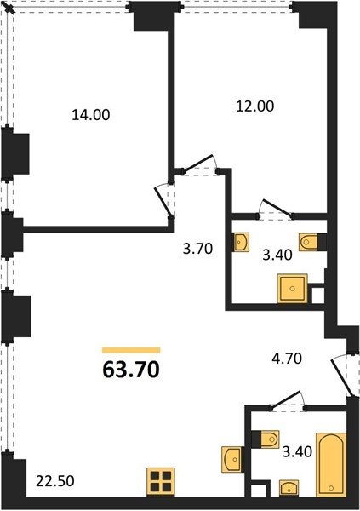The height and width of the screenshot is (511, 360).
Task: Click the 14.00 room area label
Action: coord(90,115)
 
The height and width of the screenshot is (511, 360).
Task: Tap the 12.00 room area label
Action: coord(254,106)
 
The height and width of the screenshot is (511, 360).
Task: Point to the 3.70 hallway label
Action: coord(197,249)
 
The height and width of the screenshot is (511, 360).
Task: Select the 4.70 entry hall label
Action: coord(287,359)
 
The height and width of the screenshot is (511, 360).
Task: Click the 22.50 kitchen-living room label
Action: coord(55,481)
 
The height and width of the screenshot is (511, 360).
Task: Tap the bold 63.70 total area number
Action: coord(131,370)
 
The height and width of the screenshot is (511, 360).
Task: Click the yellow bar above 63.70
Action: coord(131,350)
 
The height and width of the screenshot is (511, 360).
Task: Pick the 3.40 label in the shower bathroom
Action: coord(277,255)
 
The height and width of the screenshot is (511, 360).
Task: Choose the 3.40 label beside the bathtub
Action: coord(297,452)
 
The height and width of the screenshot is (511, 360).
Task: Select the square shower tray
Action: coord(292,288)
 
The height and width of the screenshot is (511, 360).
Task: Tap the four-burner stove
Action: coord(161,482)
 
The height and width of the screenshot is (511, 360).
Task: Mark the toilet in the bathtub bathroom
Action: coord(266,439)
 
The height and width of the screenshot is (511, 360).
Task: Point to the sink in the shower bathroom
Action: coord(241,242)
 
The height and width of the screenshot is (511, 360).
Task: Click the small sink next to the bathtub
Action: coord(289,488)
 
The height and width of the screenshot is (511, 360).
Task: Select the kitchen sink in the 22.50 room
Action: coord(231,459)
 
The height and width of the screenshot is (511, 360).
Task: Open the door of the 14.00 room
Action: coord(163,201)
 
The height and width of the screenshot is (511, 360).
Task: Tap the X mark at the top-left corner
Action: coord(10,9)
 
